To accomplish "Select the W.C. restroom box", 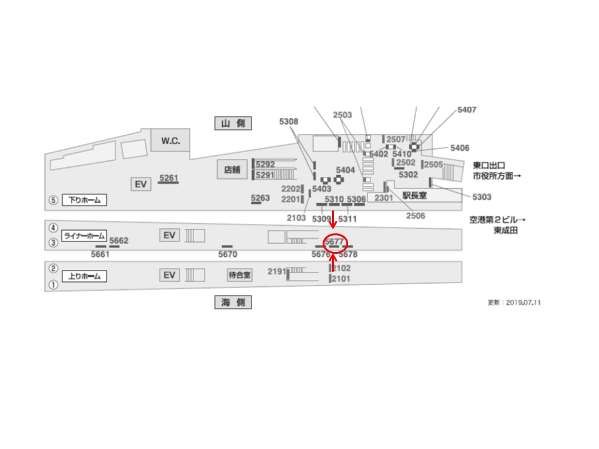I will tap(170, 141).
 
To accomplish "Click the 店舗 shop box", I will tap(232, 170).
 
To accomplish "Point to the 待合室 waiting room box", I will tap(239, 274).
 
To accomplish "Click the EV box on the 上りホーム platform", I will tap(168, 275).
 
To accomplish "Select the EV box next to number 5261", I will tap(141, 184).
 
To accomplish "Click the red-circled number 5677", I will tap(334, 241).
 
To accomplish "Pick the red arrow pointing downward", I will tap(333, 219).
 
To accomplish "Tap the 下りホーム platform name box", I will tap(84, 201).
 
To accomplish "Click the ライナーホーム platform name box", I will tap(84, 236).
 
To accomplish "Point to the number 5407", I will tap(467, 110).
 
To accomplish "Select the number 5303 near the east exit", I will tap(482, 197).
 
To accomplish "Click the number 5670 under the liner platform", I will tap(228, 254).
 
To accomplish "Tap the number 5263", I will tap(260, 198).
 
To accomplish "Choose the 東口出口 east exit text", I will tap(489, 165).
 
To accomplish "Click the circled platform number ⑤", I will tap(54, 201).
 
